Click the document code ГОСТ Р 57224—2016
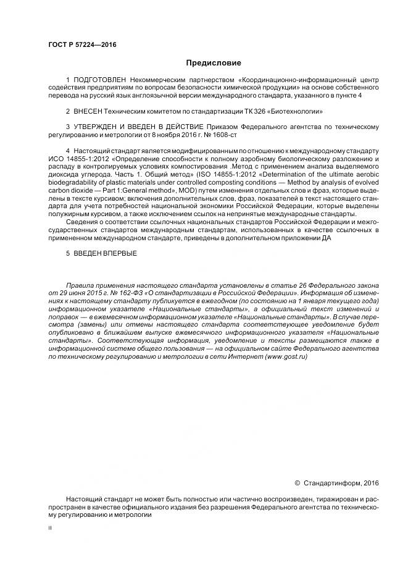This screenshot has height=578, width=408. click(82, 45)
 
